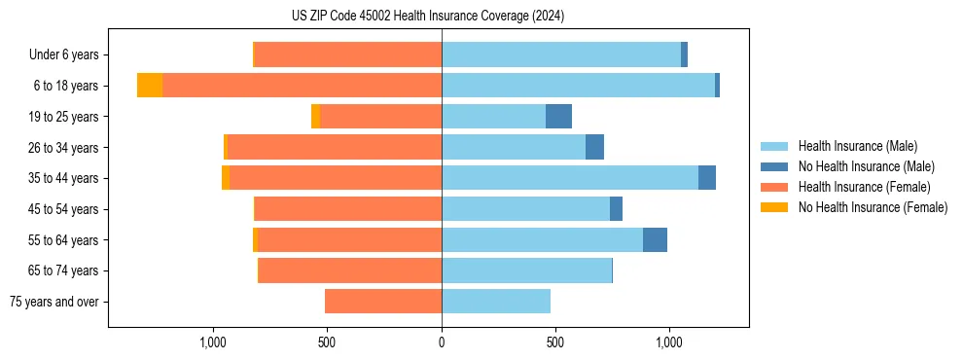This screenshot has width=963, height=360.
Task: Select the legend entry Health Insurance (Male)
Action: tap(857, 146)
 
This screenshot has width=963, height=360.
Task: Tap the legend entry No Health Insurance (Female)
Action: tap(873, 207)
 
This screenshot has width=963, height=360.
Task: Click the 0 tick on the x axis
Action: tap(442, 342)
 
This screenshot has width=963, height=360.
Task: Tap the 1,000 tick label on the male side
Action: tap(669, 342)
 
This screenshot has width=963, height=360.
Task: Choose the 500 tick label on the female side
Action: tap(327, 342)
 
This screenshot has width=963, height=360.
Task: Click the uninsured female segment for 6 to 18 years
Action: tap(150, 86)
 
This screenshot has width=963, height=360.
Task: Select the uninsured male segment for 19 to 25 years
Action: tap(558, 117)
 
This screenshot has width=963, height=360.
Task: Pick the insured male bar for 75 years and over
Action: tap(496, 302)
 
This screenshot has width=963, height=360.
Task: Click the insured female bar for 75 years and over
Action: tap(383, 302)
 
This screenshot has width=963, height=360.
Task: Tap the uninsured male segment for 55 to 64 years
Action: tap(655, 239)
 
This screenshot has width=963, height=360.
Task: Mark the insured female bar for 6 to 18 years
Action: tap(302, 86)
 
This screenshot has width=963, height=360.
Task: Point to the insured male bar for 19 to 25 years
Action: tap(493, 117)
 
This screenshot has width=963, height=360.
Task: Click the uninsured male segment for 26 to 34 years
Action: tap(594, 147)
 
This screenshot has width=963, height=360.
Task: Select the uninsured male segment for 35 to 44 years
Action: tap(707, 178)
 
